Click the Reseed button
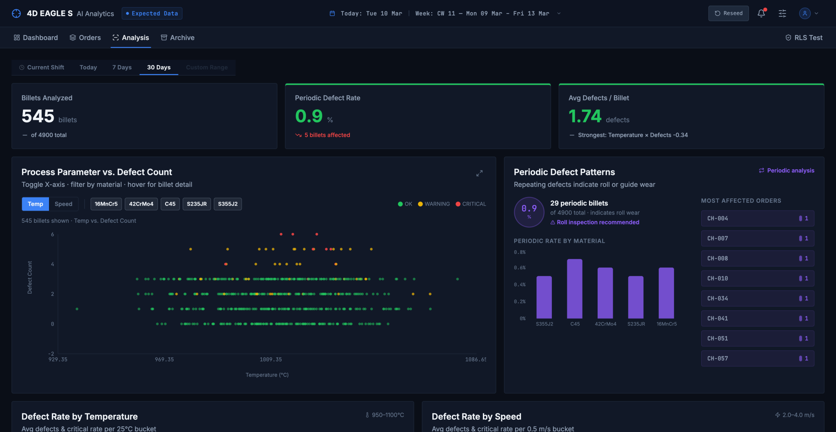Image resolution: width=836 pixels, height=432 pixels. pos(728,13)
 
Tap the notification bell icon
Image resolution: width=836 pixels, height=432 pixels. pos(761,13)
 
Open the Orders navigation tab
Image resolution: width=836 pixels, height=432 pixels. pos(85,38)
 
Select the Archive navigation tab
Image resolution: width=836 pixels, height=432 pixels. pos(178,38)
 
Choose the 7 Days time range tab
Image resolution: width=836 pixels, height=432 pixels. pos(122,67)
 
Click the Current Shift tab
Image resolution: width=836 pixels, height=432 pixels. pos(42,67)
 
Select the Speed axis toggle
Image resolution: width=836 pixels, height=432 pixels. pos(63,204)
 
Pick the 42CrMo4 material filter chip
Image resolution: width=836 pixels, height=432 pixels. pos(141,204)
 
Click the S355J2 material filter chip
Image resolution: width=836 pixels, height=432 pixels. pos(228,204)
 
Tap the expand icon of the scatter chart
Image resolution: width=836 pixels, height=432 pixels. pos(479,173)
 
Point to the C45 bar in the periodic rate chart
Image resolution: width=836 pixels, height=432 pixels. pos(575,289)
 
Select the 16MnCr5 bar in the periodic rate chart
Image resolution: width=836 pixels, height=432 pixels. pos(666,293)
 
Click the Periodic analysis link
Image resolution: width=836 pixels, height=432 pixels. pos(787,171)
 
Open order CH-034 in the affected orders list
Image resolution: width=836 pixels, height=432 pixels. pos(758,299)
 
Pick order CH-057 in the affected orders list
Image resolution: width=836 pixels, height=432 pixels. pos(758,359)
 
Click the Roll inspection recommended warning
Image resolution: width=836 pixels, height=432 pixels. pos(595,222)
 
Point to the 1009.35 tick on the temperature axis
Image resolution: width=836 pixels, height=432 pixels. pos(271,359)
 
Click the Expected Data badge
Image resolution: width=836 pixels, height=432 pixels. pos(152,13)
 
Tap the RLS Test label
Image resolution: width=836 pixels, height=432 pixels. pos(804,38)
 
